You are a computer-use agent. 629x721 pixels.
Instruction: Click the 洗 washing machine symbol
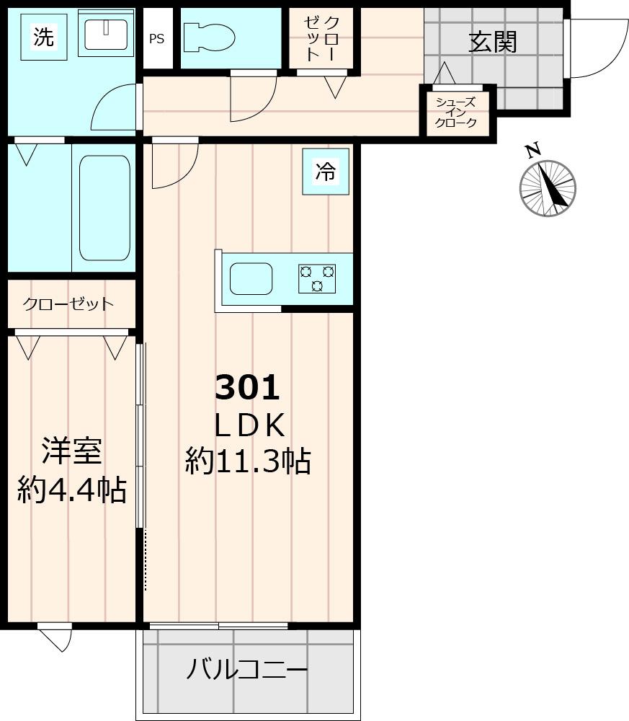[x=44, y=37]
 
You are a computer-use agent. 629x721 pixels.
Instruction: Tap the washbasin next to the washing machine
[x=105, y=33]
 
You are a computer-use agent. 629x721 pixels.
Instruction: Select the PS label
[x=156, y=39]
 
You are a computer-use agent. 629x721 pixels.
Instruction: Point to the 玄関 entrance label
[x=494, y=42]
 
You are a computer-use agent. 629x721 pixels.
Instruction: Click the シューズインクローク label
[x=455, y=112]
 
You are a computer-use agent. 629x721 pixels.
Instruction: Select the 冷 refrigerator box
[x=325, y=172]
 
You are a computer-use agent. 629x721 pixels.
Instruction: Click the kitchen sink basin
[x=250, y=279]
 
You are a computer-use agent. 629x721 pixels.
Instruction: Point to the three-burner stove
[x=317, y=279]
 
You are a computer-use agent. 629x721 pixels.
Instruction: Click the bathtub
[x=104, y=208]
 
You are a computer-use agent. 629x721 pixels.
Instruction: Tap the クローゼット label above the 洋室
[x=68, y=304]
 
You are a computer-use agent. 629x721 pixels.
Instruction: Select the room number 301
[x=247, y=389]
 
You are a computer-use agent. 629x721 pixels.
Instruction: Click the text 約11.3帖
[x=248, y=461]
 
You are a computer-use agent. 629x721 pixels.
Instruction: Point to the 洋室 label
[x=71, y=451]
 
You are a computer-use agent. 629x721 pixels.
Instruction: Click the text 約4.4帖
[x=72, y=490]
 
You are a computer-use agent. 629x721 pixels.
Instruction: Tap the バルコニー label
[x=247, y=671]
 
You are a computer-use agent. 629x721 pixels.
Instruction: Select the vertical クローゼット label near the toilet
[x=321, y=37]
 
